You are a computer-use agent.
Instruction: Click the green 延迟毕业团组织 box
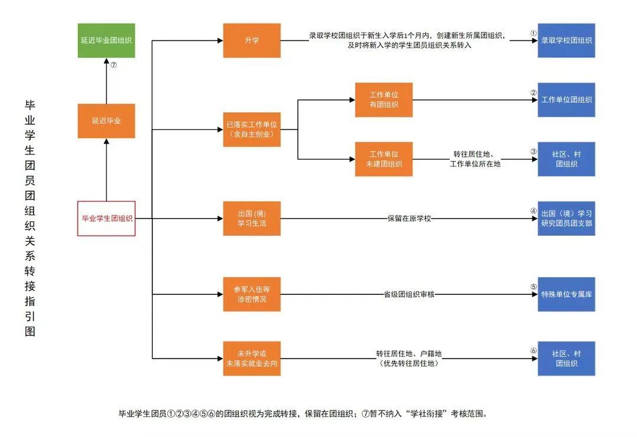tap(106, 40)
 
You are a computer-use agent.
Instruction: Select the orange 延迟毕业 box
tap(106, 121)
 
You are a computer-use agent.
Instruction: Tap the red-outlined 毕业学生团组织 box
tap(107, 218)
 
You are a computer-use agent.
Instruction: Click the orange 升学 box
tap(252, 40)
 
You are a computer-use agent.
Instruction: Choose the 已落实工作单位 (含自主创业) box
tap(252, 130)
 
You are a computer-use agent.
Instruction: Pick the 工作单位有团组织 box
tap(383, 100)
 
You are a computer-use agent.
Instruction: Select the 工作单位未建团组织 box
tap(383, 159)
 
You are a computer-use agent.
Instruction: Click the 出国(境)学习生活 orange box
tap(252, 218)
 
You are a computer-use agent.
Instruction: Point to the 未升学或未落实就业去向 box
tap(252, 359)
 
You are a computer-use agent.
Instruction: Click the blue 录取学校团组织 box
tap(566, 40)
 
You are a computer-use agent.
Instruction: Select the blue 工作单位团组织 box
tap(566, 100)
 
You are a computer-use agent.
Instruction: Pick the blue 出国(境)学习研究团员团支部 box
tap(566, 218)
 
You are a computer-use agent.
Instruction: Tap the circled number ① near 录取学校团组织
tap(533, 34)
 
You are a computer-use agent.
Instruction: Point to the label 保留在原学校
tap(409, 218)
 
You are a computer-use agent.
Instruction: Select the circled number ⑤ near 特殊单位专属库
tap(533, 287)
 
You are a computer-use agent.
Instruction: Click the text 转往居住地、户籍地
tap(409, 353)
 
